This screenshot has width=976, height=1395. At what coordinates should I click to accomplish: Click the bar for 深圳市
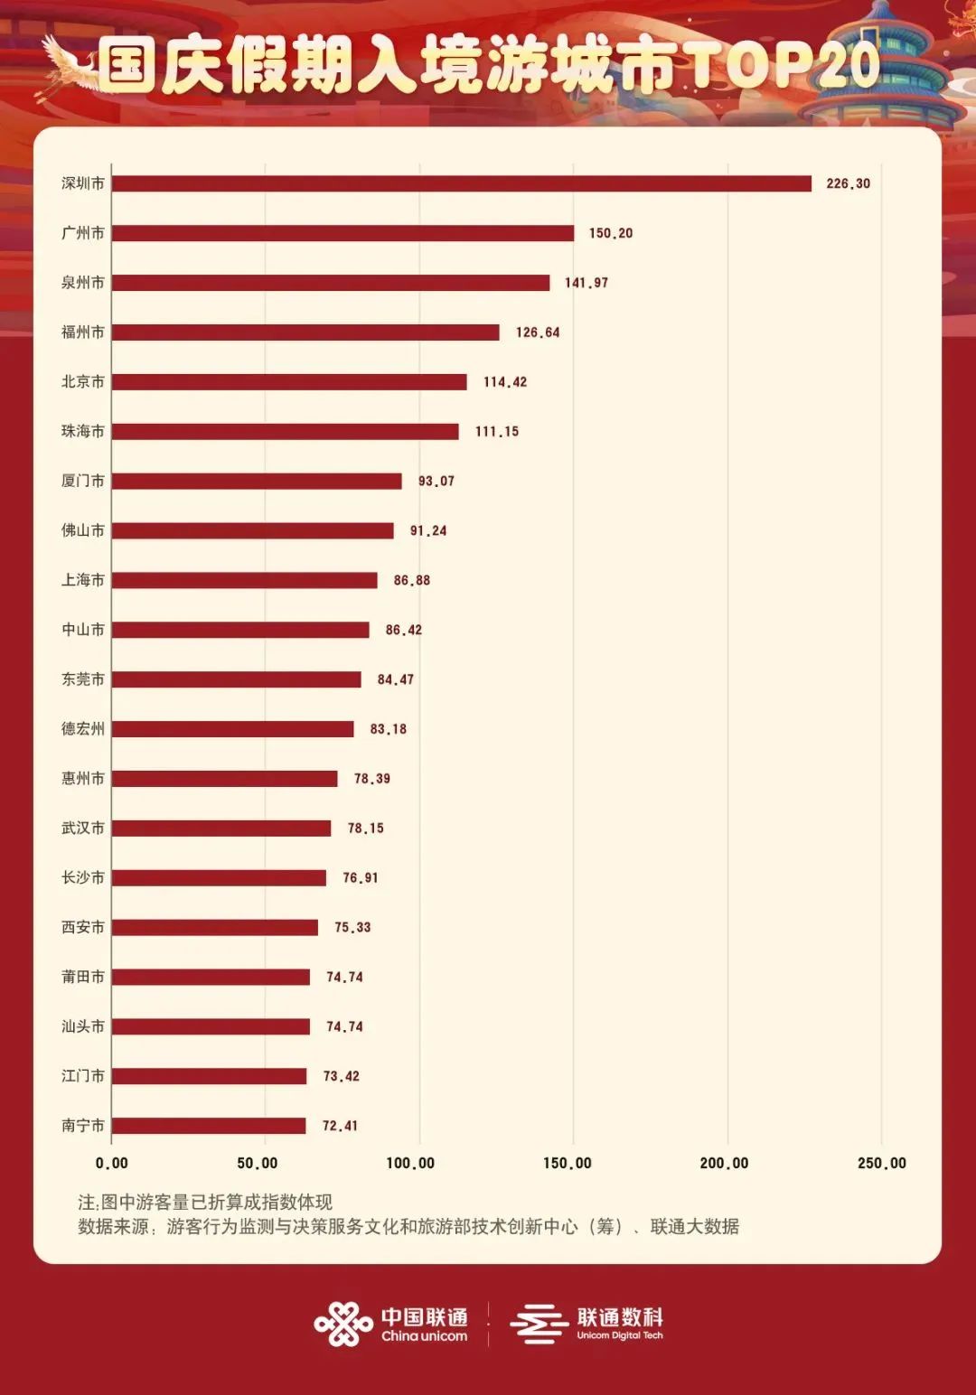[461, 183]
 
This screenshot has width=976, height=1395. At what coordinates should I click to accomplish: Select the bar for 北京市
[289, 381]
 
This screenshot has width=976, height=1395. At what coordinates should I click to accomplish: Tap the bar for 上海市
[244, 580]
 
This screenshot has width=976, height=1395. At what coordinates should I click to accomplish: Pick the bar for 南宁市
[209, 1126]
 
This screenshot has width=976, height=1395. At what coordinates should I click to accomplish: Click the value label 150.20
[611, 233]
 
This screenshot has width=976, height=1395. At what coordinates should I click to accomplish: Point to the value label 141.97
[587, 283]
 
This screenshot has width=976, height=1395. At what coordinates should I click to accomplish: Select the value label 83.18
[389, 729]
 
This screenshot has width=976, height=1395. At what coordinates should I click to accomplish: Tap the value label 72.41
[340, 1126]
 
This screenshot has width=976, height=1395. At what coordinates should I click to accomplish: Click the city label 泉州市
[83, 283]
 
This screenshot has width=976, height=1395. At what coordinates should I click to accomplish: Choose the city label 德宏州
[83, 729]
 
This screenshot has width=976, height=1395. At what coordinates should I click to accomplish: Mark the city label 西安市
[83, 927]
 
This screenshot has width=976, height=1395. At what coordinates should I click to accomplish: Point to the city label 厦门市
[83, 481]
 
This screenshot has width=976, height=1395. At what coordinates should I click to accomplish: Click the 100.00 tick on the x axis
[410, 1163]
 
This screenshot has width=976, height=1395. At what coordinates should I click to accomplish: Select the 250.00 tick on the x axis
[881, 1163]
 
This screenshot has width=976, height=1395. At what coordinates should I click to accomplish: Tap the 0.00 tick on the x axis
[112, 1163]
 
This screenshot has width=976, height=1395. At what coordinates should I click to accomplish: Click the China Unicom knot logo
[343, 1325]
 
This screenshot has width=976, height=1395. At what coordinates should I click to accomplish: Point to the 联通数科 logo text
[620, 1317]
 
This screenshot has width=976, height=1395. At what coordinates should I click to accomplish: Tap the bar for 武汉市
[221, 828]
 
